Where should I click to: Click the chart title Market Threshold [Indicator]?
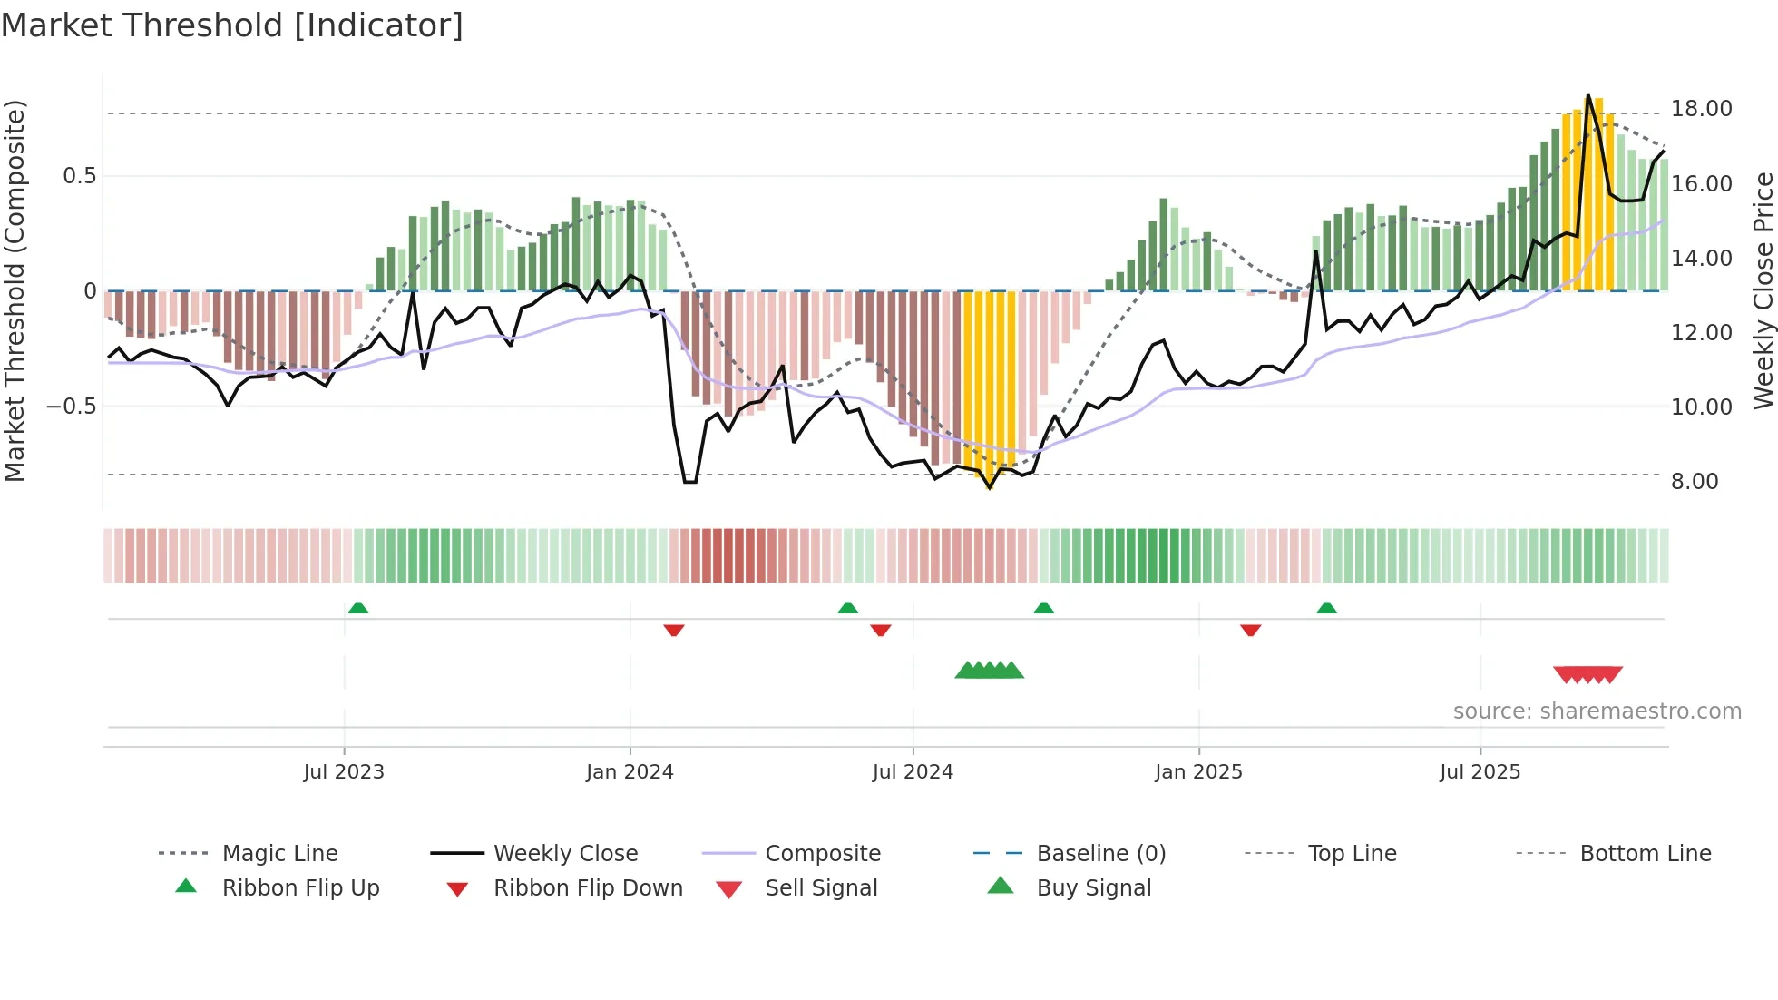click(232, 25)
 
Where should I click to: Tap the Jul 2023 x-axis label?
click(344, 772)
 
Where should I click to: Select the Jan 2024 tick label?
click(630, 772)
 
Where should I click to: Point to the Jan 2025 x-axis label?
click(1198, 772)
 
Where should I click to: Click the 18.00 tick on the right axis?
click(1701, 109)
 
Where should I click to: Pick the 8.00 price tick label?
click(1695, 482)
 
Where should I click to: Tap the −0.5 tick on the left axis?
click(71, 406)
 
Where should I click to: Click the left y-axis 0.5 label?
click(79, 176)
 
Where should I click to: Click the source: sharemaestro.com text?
click(1597, 711)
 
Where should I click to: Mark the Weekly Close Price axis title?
click(1763, 290)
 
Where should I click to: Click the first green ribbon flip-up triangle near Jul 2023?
click(358, 608)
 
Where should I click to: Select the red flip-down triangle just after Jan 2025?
click(1250, 630)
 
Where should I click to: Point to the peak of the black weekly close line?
click(1588, 96)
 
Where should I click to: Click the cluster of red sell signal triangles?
click(1587, 674)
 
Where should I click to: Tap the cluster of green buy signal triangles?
click(989, 671)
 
